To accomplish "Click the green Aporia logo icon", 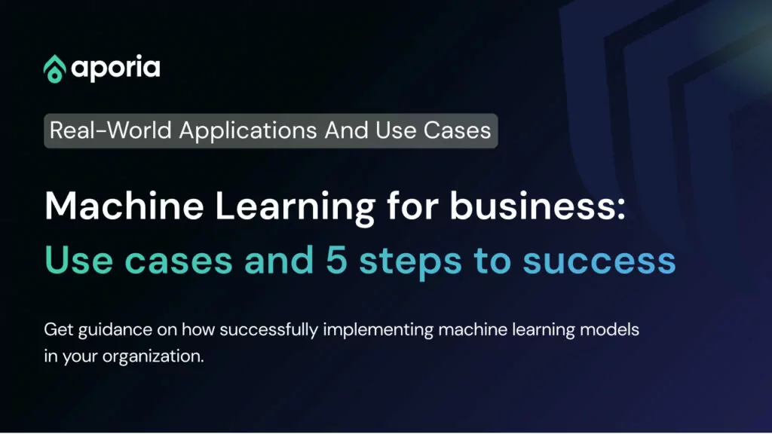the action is (x=54, y=69).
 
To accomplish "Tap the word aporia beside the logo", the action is (x=115, y=69).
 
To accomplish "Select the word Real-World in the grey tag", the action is (x=111, y=130).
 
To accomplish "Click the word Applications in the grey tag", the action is (x=248, y=131).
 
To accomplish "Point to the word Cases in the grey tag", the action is (x=457, y=130).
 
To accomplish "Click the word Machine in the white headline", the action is (x=124, y=206).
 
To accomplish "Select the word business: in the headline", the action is (x=538, y=205).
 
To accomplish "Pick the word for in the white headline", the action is (x=412, y=205).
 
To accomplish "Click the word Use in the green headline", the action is (x=78, y=260).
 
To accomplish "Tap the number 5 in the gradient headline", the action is (x=337, y=260).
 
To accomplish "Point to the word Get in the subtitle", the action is (x=59, y=329).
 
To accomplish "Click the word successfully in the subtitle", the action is (x=269, y=330).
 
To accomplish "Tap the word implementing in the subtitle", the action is (x=378, y=330).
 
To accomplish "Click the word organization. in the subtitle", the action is (x=153, y=356).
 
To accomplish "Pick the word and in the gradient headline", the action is (x=279, y=260).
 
